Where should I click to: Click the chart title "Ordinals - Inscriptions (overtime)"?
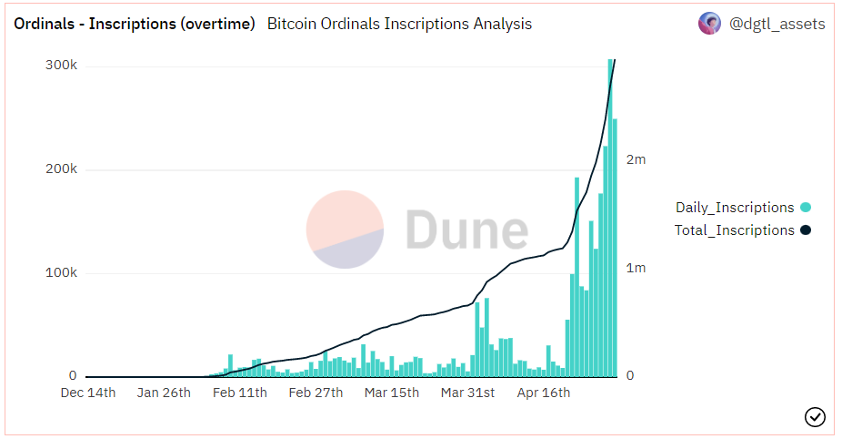click(134, 25)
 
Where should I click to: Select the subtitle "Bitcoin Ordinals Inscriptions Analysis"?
click(399, 25)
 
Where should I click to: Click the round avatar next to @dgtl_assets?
click(709, 24)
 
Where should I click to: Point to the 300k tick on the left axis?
click(61, 66)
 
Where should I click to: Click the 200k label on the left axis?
click(61, 169)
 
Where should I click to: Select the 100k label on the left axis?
click(61, 273)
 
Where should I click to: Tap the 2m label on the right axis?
click(636, 159)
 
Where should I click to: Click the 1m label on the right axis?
click(636, 268)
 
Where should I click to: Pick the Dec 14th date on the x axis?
click(88, 393)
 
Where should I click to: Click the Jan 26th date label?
click(164, 393)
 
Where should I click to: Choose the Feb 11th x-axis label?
click(240, 393)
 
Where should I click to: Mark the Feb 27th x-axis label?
click(316, 393)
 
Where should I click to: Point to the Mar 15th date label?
click(392, 393)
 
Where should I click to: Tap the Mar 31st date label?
click(467, 393)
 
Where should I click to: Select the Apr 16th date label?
click(544, 393)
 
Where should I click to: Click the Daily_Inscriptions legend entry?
click(735, 208)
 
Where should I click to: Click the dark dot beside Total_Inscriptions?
click(805, 230)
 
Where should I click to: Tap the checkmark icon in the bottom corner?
click(815, 417)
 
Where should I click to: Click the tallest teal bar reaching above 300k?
click(610, 219)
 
